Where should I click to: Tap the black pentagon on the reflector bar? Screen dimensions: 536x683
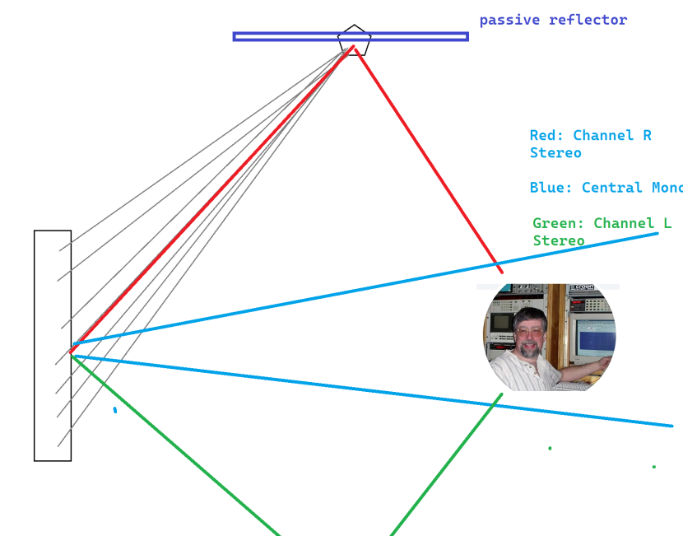point(354,40)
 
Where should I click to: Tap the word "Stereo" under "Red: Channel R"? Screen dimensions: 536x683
point(555,153)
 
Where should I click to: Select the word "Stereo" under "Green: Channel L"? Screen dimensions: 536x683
point(558,240)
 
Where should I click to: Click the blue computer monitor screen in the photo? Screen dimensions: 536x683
point(595,336)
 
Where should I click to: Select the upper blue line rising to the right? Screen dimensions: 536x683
point(370,288)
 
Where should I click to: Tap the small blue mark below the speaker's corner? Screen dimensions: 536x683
point(115,409)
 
